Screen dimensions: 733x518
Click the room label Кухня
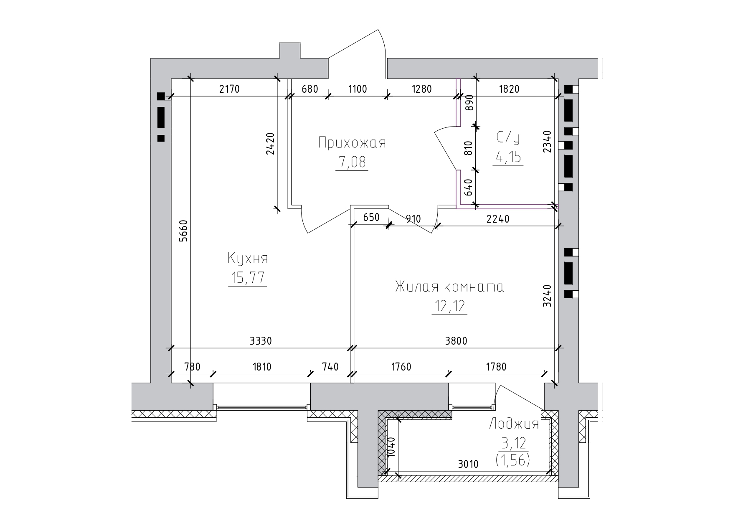248,259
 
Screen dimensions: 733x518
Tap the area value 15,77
248,278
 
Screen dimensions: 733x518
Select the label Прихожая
352,143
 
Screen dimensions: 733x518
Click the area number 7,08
352,162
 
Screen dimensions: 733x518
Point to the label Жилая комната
449,287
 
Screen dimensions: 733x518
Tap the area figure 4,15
508,157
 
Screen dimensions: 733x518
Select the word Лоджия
514,424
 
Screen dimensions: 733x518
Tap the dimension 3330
260,341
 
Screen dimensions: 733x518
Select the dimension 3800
456,341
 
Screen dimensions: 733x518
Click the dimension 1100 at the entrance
357,89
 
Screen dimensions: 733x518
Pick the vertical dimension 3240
547,296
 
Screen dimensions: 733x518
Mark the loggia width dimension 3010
468,464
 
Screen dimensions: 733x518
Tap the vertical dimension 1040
391,448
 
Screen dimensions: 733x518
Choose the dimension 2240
498,218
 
